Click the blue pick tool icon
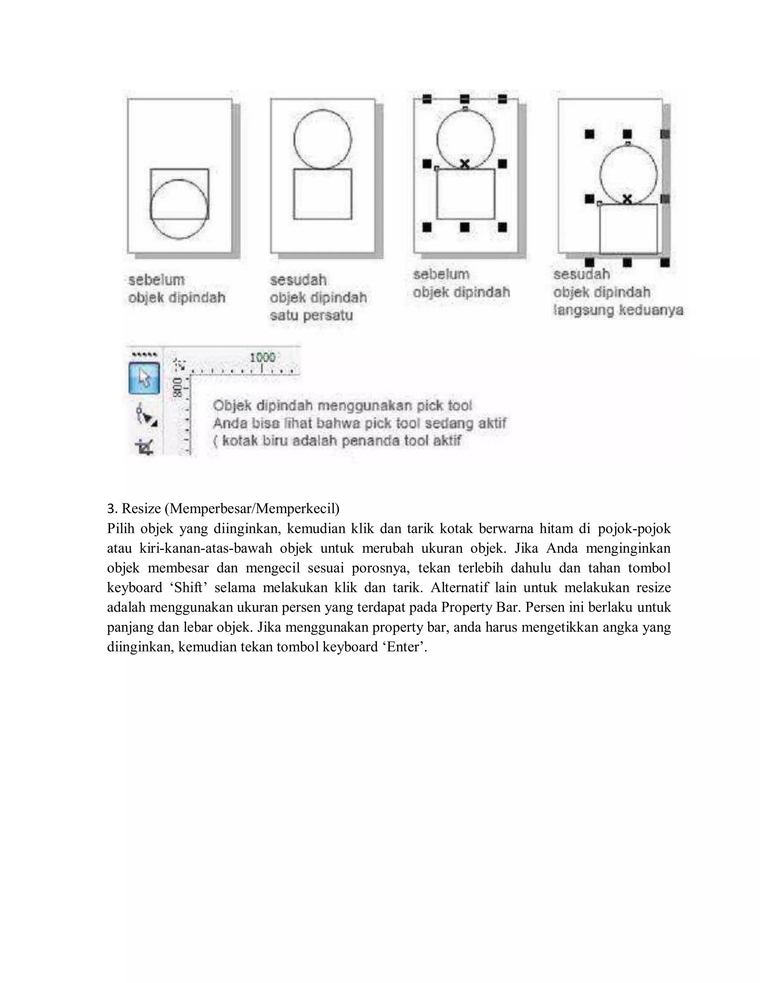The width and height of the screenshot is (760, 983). (144, 378)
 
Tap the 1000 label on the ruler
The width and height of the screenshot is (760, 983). (262, 358)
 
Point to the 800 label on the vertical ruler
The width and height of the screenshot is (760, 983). (178, 387)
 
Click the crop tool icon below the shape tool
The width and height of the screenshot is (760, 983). (145, 447)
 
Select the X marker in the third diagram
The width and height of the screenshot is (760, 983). (465, 164)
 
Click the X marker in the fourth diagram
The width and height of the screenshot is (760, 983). (627, 198)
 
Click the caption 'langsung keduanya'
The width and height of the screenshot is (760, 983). (618, 310)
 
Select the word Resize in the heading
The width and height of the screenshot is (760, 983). (141, 509)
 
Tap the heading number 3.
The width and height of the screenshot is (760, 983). (111, 509)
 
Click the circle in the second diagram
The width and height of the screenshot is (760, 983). (322, 139)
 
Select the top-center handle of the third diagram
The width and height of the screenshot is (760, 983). (465, 99)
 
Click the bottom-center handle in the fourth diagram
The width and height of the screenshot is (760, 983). (627, 262)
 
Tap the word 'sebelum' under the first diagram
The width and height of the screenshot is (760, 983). (156, 280)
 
